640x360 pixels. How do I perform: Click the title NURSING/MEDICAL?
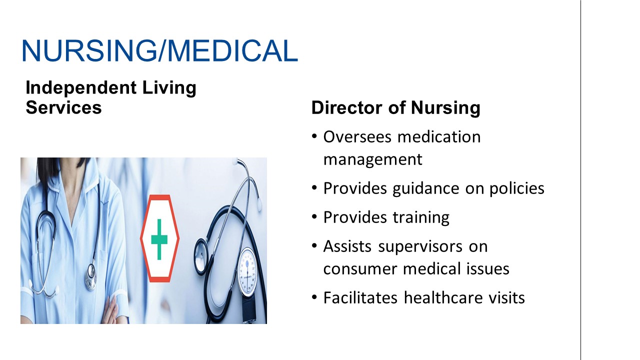[x=160, y=50]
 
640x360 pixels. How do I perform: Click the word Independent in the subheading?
[x=81, y=88]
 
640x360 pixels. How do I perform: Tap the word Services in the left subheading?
[x=63, y=107]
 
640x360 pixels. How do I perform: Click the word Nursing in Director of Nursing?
[x=445, y=108]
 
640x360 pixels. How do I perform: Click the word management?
[x=373, y=159]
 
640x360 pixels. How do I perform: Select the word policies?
[x=517, y=189]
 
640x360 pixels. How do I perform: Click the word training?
[x=421, y=217]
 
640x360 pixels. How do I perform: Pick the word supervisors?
[x=420, y=247]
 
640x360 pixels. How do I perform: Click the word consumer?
[x=359, y=269]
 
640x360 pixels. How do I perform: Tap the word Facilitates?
[x=360, y=297]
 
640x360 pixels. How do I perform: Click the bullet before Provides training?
[x=314, y=217]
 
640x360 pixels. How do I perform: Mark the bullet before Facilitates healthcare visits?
[x=314, y=297]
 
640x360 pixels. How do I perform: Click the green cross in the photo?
[x=159, y=239]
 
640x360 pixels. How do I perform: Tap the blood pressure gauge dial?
[x=247, y=271]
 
